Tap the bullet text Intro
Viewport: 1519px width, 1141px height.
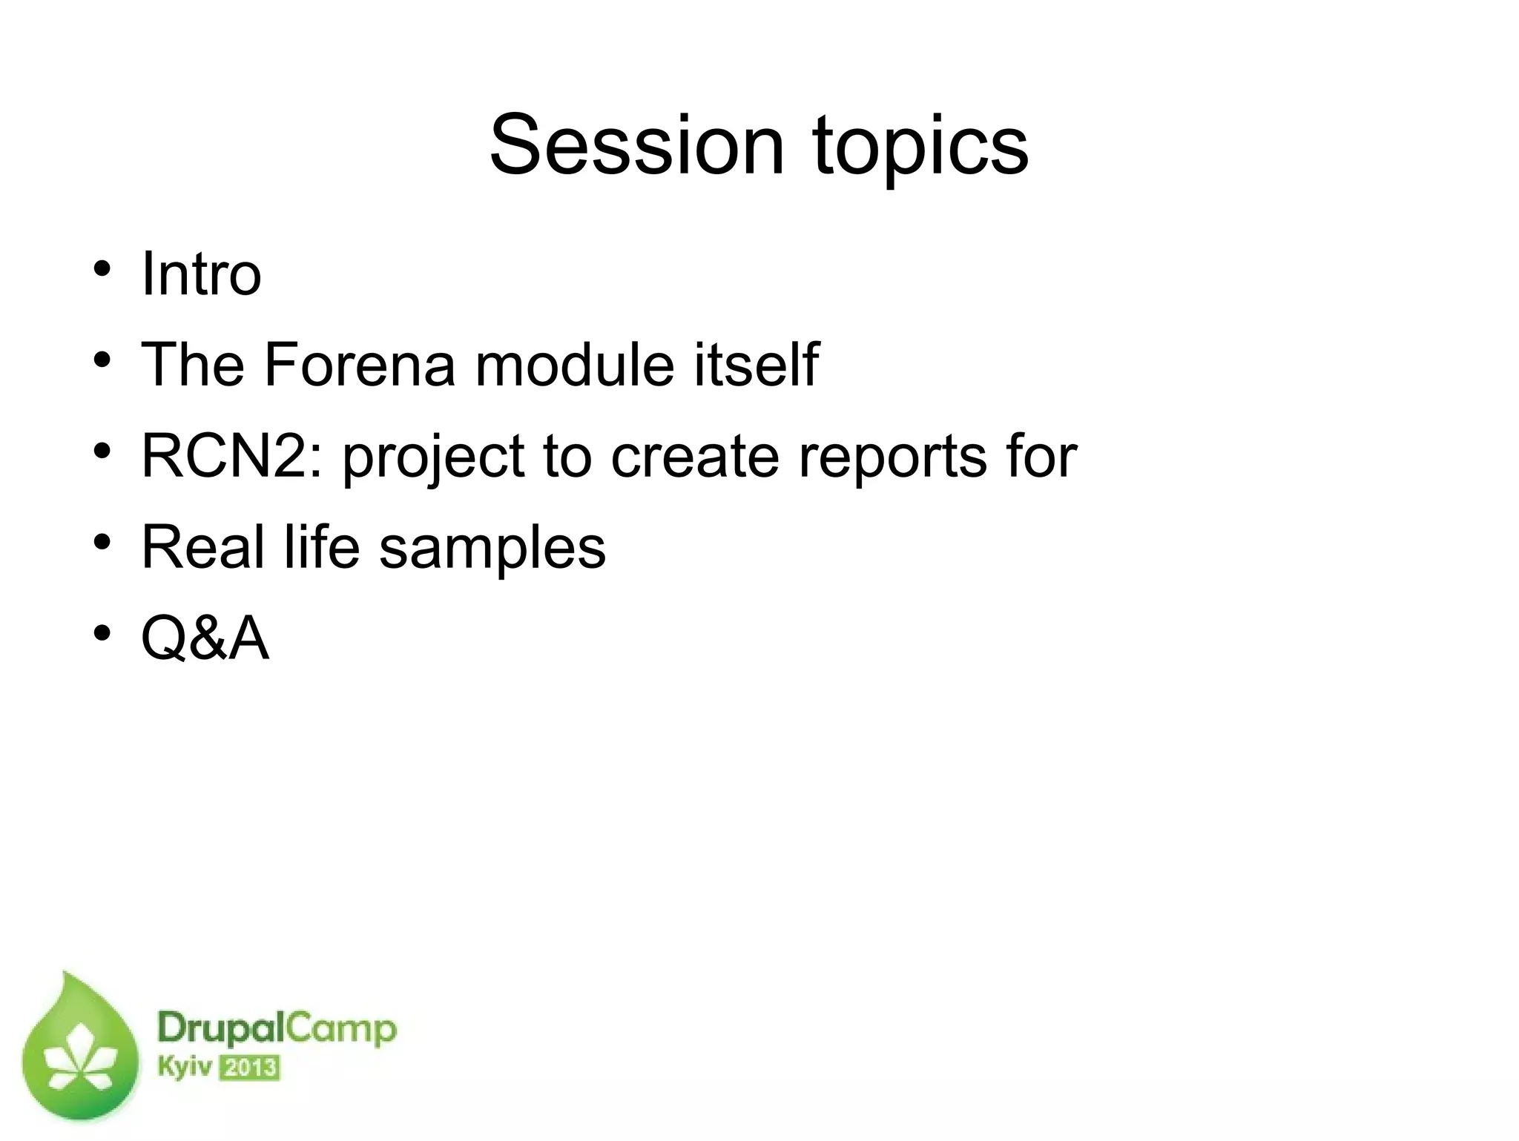coord(201,274)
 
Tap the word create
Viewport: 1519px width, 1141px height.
coord(695,455)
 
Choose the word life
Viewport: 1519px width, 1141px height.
coord(323,546)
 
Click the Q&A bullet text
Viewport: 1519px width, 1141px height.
coord(205,638)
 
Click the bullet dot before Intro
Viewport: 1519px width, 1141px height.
coord(102,268)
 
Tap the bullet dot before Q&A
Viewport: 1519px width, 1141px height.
coord(102,633)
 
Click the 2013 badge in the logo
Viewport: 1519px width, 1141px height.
coord(251,1068)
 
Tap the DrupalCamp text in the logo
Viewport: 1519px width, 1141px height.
coord(277,1030)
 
